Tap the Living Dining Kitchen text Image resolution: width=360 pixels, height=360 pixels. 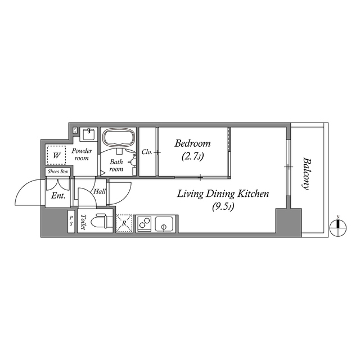[223, 194]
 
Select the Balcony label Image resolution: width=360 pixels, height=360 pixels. [307, 174]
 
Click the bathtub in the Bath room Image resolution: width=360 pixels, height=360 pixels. [118, 139]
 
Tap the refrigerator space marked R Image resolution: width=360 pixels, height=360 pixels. [124, 223]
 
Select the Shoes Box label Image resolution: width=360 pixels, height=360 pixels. [58, 172]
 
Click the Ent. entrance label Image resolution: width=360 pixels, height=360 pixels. [58, 196]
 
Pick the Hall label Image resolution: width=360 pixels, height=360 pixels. [100, 192]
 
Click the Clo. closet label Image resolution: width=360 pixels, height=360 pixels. [147, 152]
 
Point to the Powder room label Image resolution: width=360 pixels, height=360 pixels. [82, 155]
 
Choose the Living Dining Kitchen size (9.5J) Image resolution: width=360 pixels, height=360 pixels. [223, 207]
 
